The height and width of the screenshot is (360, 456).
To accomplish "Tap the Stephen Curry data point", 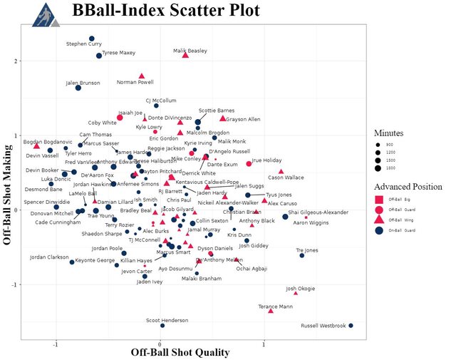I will pos(92,38).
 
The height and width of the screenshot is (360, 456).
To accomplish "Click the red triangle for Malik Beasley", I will pos(185,55).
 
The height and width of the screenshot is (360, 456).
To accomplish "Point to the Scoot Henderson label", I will pos(167,320).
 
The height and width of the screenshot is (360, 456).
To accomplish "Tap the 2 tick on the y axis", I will pos(27,61).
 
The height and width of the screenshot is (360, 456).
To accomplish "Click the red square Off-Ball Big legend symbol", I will pos(380,198).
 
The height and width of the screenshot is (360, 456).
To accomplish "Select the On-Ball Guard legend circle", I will pos(380,230).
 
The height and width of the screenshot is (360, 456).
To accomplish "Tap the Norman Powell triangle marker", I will pos(142,76).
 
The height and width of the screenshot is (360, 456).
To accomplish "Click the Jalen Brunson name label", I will pos(83,83).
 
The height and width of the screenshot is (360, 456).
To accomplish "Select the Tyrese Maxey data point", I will pos(99,56).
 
